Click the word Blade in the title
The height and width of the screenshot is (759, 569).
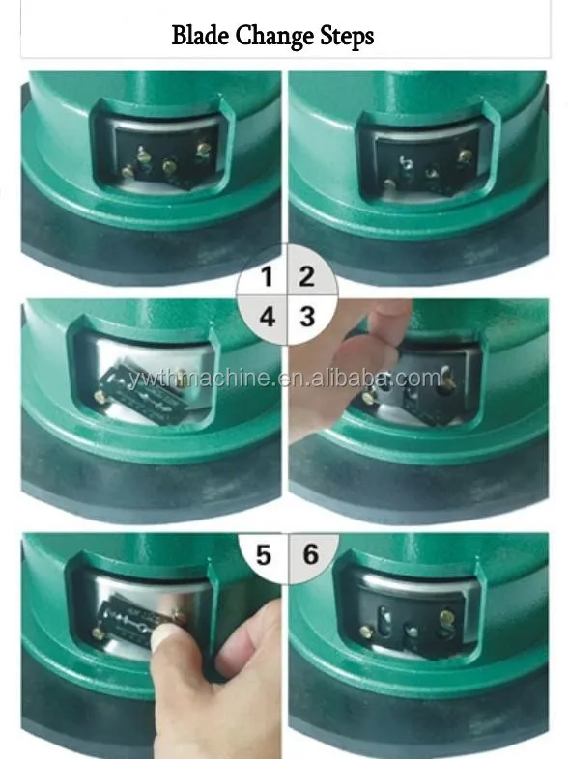click(201, 35)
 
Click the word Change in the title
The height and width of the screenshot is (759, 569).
click(274, 37)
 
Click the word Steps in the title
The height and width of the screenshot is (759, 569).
click(347, 37)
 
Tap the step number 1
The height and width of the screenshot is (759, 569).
click(267, 277)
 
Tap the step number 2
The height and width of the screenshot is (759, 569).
click(306, 276)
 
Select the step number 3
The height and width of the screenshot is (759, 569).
click(307, 317)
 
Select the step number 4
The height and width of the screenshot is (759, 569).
click(268, 317)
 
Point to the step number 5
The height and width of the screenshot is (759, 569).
click(264, 554)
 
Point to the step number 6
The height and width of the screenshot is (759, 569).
click(310, 553)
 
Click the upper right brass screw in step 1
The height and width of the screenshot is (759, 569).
click(203, 147)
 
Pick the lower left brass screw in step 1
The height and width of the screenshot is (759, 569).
click(128, 171)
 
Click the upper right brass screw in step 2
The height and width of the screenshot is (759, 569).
click(465, 155)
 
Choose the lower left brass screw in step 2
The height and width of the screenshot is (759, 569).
click(389, 183)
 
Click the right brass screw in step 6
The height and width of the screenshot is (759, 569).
click(447, 617)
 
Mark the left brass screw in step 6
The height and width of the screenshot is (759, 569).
click(367, 632)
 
